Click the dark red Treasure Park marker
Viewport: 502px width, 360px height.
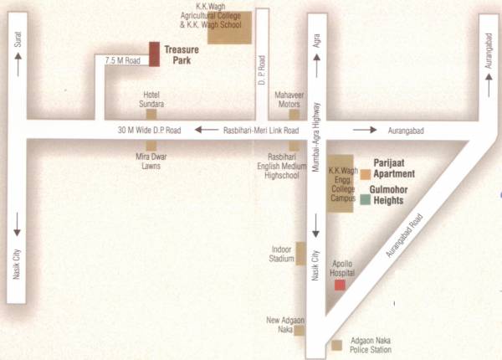(154, 54)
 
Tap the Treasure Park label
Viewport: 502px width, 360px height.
(180, 55)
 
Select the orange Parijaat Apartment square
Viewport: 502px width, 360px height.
(366, 174)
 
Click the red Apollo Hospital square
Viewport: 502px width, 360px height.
(340, 285)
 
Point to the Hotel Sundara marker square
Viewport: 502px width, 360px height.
(151, 115)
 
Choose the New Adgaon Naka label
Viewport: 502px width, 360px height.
(285, 325)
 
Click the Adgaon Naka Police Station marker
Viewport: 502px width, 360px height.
(336, 345)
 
